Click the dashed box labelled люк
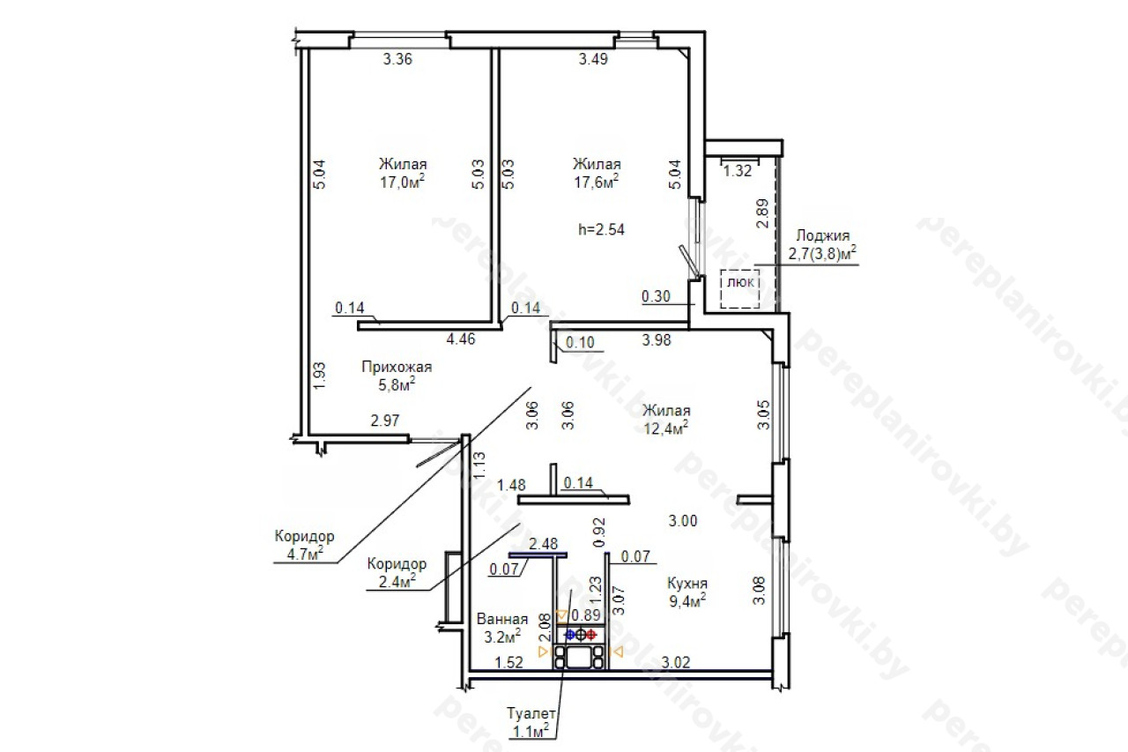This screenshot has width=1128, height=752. tap(739, 288)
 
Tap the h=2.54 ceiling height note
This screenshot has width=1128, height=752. tap(601, 230)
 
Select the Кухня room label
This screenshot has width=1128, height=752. tap(687, 584)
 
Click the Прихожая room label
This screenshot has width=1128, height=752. tap(397, 367)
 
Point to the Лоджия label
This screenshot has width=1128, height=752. tap(823, 235)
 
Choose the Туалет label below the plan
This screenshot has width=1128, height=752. tap(531, 714)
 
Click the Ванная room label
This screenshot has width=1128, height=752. tap(502, 619)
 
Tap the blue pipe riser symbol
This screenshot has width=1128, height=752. tap(570, 635)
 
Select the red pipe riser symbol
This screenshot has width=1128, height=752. tap(591, 635)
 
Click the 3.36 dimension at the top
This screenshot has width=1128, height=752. tap(397, 59)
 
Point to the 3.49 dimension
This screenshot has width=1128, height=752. tap(593, 59)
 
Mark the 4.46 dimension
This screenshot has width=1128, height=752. tap(461, 339)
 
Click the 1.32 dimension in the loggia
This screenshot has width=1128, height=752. tap(738, 171)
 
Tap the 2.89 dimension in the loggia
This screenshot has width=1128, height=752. tap(763, 213)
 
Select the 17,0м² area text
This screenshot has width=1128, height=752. tap(403, 182)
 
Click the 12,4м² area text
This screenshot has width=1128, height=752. tap(666, 428)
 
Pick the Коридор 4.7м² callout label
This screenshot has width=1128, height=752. tap(305, 545)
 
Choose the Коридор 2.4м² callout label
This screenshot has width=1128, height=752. tap(397, 573)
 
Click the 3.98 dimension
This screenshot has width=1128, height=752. tap(657, 340)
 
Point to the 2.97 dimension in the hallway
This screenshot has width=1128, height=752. tap(385, 421)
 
